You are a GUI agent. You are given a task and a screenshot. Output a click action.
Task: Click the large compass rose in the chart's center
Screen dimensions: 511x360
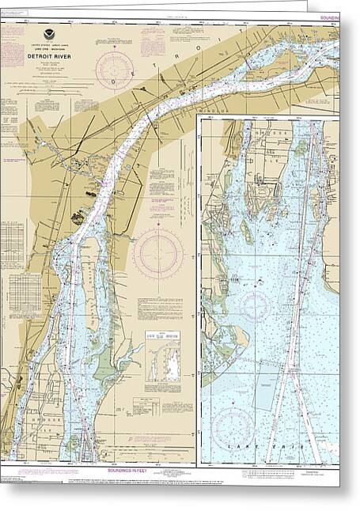[157, 254]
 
